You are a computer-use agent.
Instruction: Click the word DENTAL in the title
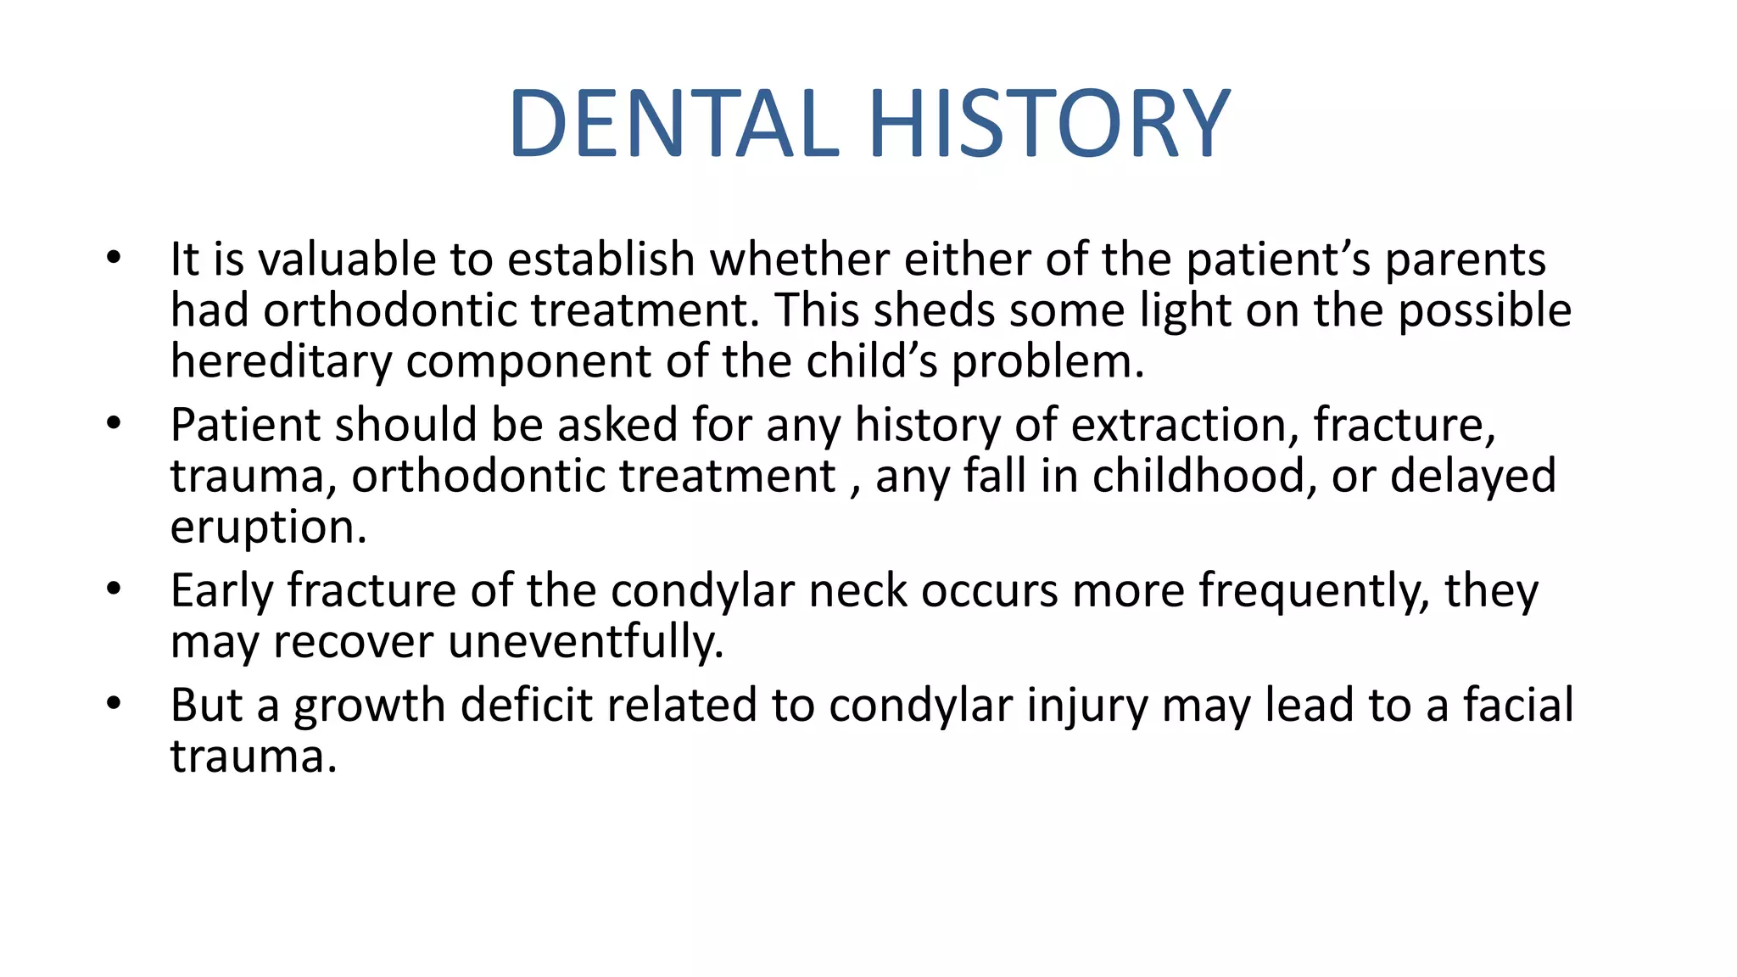coord(674,124)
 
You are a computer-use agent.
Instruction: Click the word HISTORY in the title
coord(1048,124)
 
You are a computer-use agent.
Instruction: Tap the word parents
coord(1465,261)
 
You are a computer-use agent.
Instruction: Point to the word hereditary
coord(281,362)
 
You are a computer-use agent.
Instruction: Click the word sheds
coord(933,310)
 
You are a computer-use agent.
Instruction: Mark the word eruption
coord(268,528)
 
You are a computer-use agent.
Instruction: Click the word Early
coord(221,591)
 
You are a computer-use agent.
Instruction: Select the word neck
coord(857,591)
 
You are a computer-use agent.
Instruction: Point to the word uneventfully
coord(586,642)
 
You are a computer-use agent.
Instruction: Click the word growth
coord(369,706)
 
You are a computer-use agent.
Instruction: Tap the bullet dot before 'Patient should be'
coord(114,422)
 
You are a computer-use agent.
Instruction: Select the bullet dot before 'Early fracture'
coord(114,588)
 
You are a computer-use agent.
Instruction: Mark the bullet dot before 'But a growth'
coord(114,703)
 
